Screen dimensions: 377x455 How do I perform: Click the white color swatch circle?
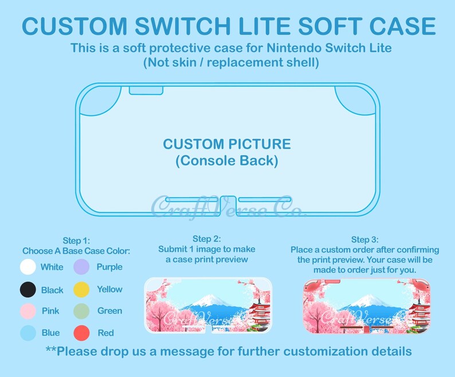tap(28, 267)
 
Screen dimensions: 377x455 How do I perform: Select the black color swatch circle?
tap(28, 290)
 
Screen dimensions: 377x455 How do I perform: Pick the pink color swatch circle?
tap(28, 311)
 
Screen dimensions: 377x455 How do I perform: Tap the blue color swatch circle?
tap(28, 333)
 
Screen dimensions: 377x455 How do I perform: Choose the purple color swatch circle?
tap(82, 267)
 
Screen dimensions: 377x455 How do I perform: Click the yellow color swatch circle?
tap(82, 289)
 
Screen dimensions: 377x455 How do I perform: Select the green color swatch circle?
tap(82, 311)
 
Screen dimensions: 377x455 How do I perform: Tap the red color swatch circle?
tap(82, 333)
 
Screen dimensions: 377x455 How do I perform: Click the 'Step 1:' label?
tap(76, 241)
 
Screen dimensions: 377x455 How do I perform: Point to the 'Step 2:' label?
tap(206, 239)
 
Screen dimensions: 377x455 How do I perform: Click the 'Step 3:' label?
tap(364, 239)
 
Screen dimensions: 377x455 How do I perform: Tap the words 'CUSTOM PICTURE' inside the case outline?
tap(227, 144)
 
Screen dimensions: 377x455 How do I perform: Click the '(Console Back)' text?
tap(227, 161)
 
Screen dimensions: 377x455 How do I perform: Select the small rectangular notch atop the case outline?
tap(146, 90)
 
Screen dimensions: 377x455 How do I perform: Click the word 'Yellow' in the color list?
tap(109, 289)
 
